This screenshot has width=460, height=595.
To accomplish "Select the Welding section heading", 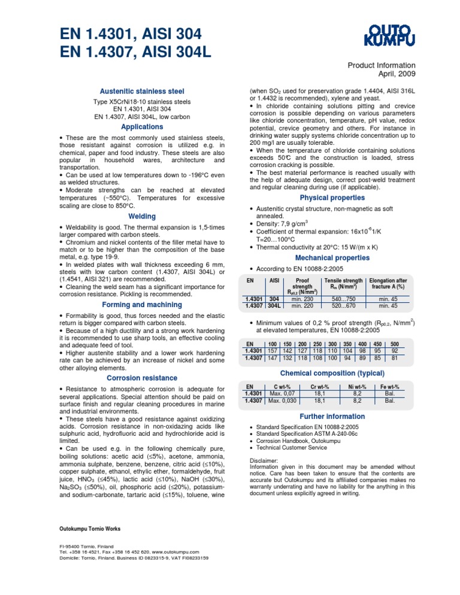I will (x=142, y=216).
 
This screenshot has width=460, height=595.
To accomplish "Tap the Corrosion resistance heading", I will (x=142, y=378).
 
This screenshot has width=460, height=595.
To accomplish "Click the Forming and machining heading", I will (x=142, y=304).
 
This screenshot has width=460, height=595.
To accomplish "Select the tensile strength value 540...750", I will (x=344, y=299).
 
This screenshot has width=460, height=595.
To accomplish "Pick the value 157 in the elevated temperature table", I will (x=273, y=351).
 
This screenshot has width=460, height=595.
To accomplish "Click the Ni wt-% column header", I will (x=357, y=387).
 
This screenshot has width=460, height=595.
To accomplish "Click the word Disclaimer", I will (x=263, y=460).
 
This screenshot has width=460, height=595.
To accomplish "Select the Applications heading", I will (x=142, y=127).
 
